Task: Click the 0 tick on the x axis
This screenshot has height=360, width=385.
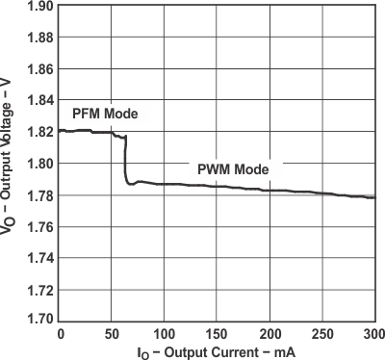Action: coord(60,333)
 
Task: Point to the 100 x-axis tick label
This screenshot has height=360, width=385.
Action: coord(164,333)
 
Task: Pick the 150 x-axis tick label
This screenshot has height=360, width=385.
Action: coord(218,333)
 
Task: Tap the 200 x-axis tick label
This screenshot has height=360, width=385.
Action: coord(270,333)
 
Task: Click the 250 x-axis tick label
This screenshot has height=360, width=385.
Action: coord(322,333)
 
